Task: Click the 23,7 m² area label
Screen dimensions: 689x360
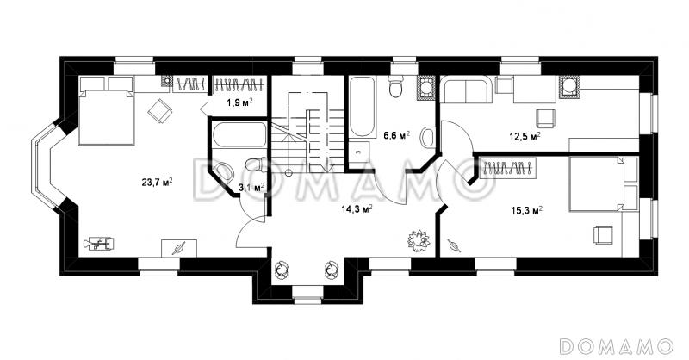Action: coord(157,182)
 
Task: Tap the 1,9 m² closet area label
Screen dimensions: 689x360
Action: coord(239,102)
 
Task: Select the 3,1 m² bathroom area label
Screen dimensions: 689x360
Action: coord(251,187)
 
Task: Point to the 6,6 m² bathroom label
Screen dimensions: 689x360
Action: coord(396,135)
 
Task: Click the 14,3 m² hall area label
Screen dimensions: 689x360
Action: coord(357,208)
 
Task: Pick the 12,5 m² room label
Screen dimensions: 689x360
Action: coord(525,136)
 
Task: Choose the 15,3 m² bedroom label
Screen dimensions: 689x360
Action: coord(526,210)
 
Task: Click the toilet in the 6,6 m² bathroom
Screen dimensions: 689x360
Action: coord(396,86)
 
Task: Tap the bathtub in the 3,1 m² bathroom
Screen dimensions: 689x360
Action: coord(239,134)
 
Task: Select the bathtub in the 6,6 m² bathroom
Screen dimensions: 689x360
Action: coord(363,107)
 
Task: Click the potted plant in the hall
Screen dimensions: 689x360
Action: coord(419,240)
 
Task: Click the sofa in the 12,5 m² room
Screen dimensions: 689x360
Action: coord(466,90)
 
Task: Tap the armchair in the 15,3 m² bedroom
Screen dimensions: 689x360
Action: coord(602,234)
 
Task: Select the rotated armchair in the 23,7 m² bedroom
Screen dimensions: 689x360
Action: coord(160,111)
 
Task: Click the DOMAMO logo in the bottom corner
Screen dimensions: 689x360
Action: coord(616,346)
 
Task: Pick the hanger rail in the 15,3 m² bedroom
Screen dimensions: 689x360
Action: coord(507,168)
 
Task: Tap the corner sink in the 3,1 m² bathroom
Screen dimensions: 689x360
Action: coord(223,171)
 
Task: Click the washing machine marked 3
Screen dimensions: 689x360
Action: coord(358,152)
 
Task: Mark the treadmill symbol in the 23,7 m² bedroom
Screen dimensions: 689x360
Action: coord(99,243)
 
